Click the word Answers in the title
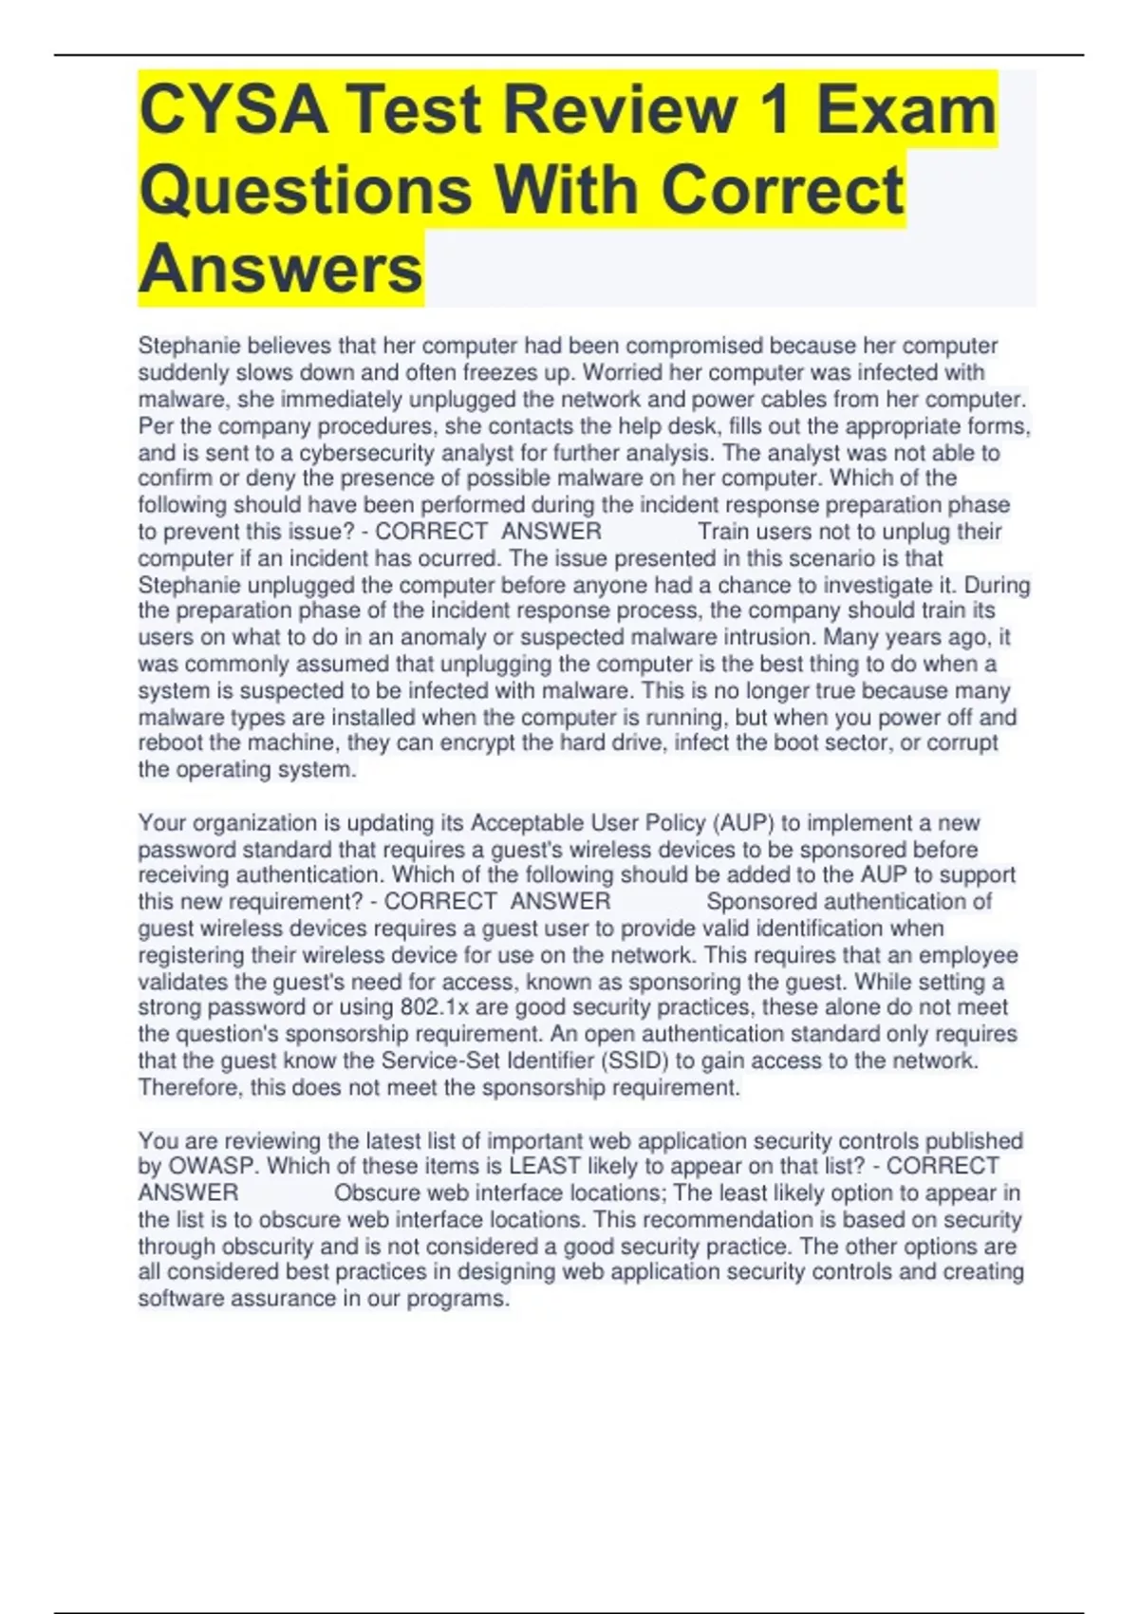[x=281, y=270]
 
